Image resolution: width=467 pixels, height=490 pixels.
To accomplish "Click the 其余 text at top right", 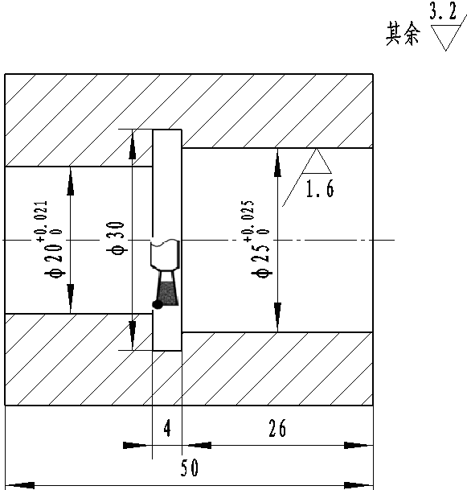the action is tap(403, 34).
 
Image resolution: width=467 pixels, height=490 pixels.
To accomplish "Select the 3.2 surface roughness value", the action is tap(443, 10).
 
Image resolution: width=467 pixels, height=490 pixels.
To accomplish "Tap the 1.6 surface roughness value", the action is tap(320, 188).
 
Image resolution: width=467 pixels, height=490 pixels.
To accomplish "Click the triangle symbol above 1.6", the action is tap(317, 162).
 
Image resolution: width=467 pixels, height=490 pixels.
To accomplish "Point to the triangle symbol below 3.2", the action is tap(445, 38).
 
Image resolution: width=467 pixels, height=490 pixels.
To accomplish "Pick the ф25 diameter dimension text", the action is tap(260, 261).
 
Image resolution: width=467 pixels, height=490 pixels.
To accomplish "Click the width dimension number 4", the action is tap(167, 428).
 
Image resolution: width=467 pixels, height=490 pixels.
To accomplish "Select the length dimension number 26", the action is tap(277, 428).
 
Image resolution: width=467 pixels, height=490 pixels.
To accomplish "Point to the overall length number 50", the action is tap(190, 467).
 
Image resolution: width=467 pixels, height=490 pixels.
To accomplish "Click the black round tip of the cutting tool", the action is tap(158, 304).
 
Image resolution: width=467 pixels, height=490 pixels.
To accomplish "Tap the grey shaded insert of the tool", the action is tap(167, 294).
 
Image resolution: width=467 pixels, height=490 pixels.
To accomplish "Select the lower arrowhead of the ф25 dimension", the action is tap(277, 317).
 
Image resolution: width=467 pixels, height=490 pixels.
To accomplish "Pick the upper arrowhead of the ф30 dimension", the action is tap(133, 144).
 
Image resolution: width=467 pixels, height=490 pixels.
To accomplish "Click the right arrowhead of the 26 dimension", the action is tap(358, 445).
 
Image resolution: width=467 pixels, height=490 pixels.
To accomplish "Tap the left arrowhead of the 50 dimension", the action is tap(20, 486).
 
